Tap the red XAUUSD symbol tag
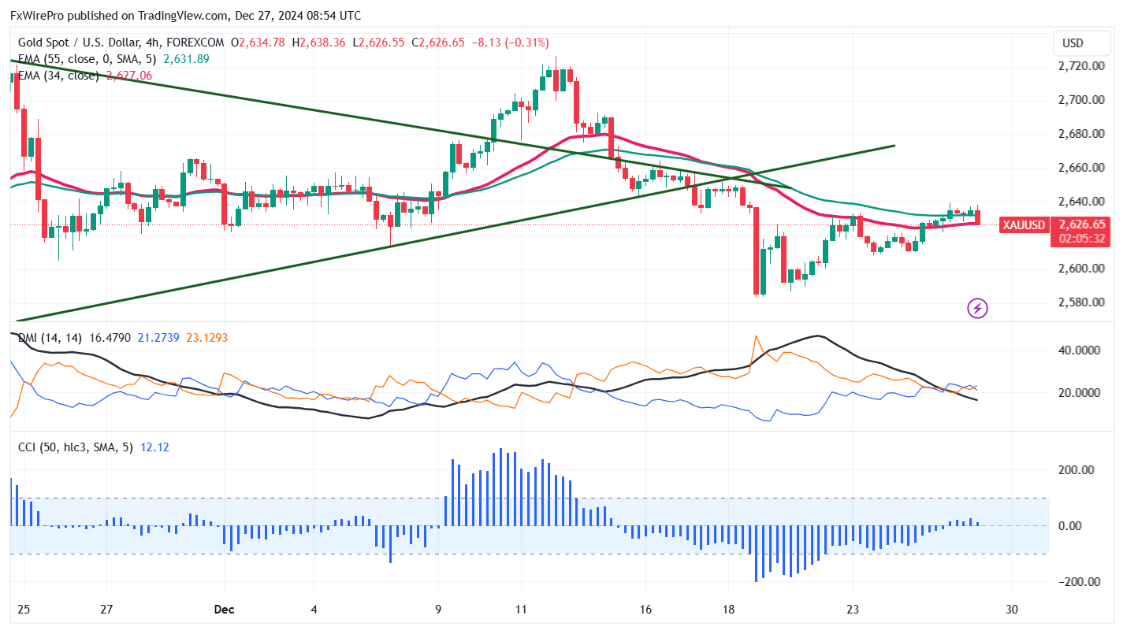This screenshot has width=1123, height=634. click(x=1024, y=225)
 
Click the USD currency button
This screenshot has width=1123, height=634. click(x=1073, y=43)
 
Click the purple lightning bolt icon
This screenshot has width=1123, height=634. click(x=978, y=308)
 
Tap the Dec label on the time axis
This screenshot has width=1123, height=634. click(x=224, y=610)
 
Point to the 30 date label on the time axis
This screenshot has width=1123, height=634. click(x=1013, y=610)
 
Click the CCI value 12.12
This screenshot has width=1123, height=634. click(x=154, y=447)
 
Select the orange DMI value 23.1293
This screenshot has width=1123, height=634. click(x=207, y=338)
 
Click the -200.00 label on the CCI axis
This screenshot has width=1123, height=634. click(x=1076, y=582)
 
